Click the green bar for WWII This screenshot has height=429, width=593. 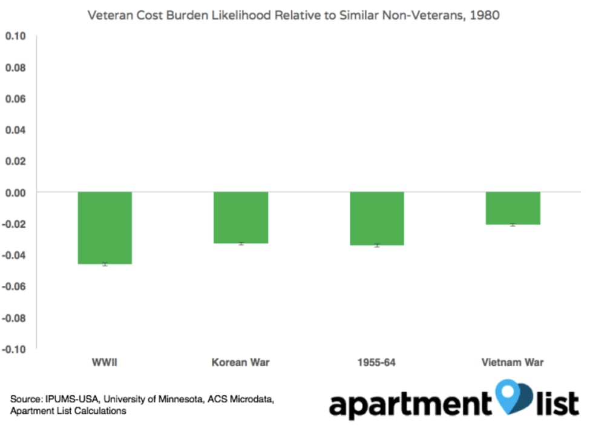105,228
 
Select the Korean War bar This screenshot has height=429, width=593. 241,218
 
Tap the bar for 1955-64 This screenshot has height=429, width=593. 377,219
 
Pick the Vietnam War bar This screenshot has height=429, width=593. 513,208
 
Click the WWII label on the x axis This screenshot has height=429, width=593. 105,363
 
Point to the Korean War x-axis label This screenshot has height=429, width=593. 241,363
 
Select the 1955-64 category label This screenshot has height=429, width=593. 377,363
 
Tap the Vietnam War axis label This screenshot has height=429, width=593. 513,363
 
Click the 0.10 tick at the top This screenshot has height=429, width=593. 16,36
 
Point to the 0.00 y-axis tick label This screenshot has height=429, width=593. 16,192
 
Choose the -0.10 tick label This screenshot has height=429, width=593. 15,349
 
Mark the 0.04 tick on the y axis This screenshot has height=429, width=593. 16,130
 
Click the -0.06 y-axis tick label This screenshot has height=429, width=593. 15,286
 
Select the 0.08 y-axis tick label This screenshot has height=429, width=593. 16,68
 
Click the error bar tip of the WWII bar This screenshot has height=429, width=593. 105,264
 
